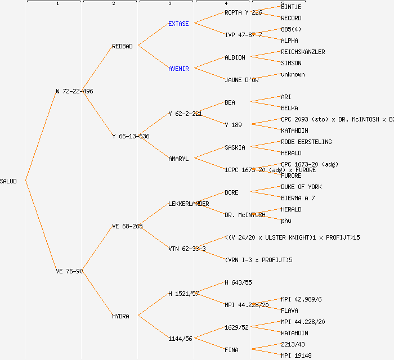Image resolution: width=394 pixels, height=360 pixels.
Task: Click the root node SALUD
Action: pyautogui.click(x=8, y=181)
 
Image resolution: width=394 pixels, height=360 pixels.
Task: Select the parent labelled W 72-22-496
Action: pyautogui.click(x=74, y=91)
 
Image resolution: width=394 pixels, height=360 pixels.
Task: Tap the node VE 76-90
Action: pyautogui.click(x=69, y=271)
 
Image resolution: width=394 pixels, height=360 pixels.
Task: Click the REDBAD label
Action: pyautogui.click(x=122, y=46)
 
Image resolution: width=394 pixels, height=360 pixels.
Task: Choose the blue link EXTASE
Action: pyautogui.click(x=178, y=24)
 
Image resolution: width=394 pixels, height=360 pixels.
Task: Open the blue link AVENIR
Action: pyautogui.click(x=178, y=69)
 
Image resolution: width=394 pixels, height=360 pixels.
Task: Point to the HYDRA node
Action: pyautogui.click(x=120, y=316)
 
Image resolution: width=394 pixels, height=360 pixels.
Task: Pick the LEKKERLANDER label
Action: pyautogui.click(x=189, y=204)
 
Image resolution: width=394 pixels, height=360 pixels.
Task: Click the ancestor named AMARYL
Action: pyautogui.click(x=178, y=159)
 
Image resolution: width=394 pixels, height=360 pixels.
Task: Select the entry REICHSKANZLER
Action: pyautogui.click(x=303, y=52)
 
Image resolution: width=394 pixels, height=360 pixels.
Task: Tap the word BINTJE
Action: pyautogui.click(x=291, y=7)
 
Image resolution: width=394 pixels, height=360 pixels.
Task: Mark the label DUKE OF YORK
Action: pyautogui.click(x=301, y=187)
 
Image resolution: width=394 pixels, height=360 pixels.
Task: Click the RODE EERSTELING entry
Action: pyautogui.click(x=306, y=142)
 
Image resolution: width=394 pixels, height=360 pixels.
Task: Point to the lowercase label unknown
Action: pyautogui.click(x=293, y=74)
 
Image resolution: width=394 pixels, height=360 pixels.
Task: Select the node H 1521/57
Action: pyautogui.click(x=183, y=294)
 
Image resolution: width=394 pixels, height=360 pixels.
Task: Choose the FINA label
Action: pyautogui.click(x=231, y=350)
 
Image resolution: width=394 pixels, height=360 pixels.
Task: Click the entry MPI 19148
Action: pyautogui.click(x=296, y=355)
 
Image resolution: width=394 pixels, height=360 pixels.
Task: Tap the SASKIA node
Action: pyautogui.click(x=235, y=147)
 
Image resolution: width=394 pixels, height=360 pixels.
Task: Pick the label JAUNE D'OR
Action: pyautogui.click(x=241, y=80)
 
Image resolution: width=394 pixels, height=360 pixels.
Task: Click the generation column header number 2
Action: pyautogui.click(x=113, y=4)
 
